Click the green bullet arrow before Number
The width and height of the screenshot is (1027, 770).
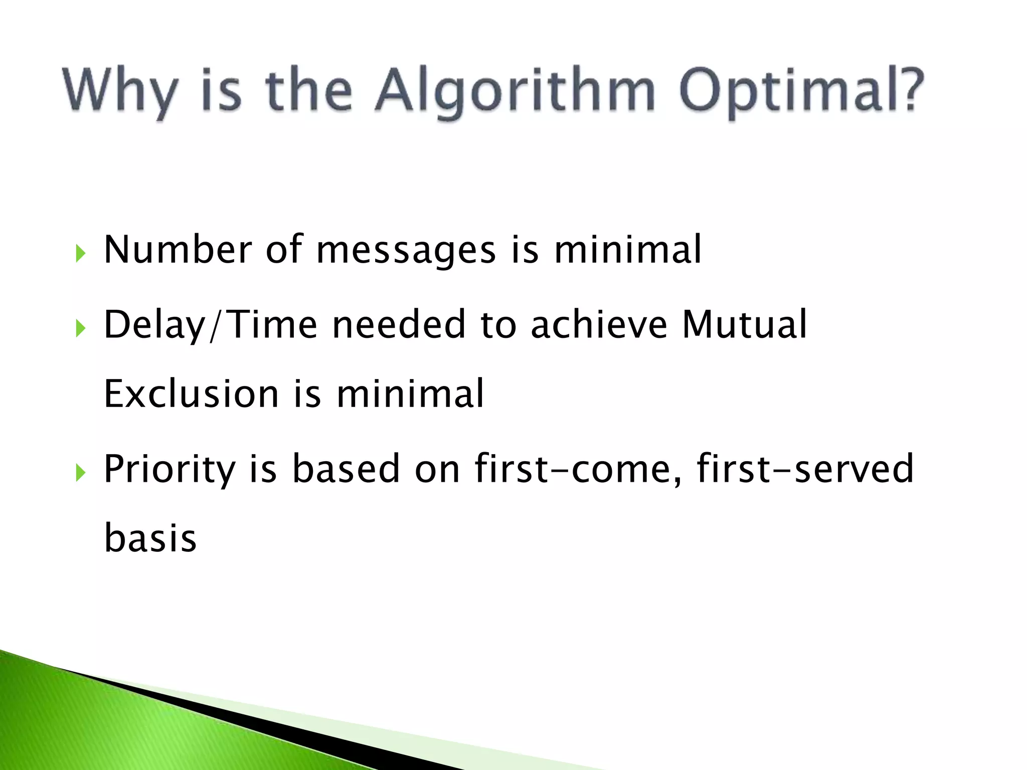81,253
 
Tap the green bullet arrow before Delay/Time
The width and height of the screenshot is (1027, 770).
81,328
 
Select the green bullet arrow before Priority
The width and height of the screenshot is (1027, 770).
81,472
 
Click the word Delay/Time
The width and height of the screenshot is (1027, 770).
211,325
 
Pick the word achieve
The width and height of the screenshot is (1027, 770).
599,325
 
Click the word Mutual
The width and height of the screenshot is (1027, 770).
744,325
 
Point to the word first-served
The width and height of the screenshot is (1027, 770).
805,469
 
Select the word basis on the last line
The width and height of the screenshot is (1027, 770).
150,538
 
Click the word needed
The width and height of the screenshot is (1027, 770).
399,325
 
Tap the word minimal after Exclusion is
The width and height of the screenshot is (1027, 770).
410,394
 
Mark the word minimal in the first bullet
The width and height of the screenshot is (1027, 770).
627,250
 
